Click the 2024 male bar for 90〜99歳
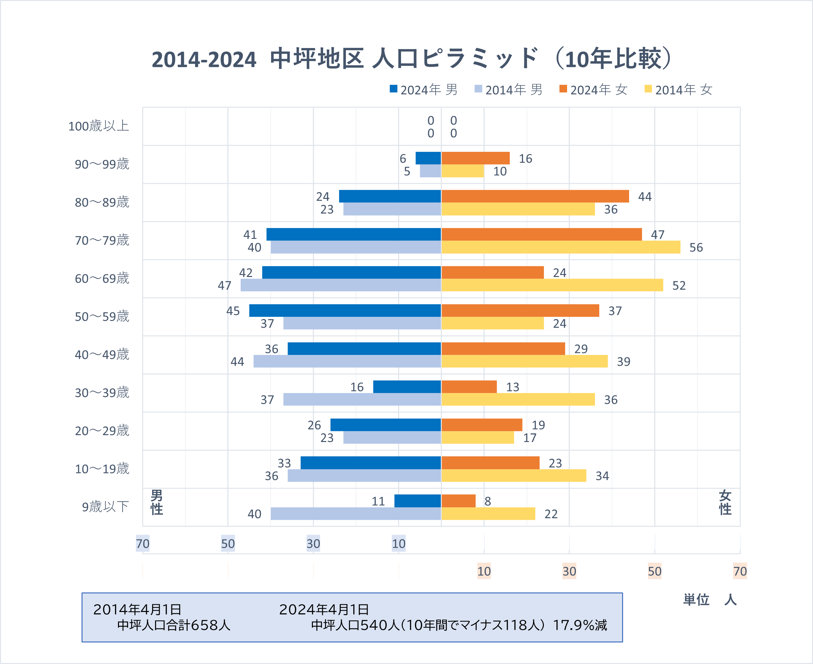[428, 158]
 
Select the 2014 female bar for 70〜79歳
[561, 247]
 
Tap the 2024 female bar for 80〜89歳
[535, 196]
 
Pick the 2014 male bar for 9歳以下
[356, 514]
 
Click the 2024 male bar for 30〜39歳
[407, 387]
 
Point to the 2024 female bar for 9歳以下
[458, 501]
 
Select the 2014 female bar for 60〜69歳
[552, 285]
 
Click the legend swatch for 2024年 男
[393, 89]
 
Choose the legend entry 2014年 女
[678, 89]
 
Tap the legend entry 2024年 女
[593, 89]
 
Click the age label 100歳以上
[99, 126]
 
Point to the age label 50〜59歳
[102, 316]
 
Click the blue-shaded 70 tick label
[143, 543]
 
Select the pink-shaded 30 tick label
[569, 571]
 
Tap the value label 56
[696, 248]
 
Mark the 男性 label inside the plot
[157, 503]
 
